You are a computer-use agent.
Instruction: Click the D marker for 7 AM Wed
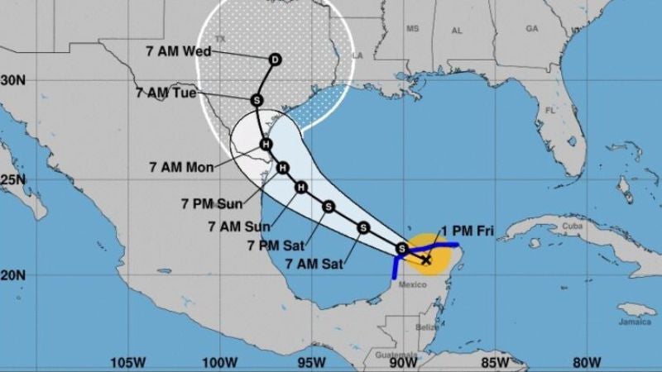[x=275, y=59]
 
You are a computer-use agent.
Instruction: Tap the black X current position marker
[x=425, y=260]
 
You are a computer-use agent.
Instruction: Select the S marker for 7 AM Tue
[x=257, y=100]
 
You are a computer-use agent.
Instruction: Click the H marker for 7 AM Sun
[x=302, y=188]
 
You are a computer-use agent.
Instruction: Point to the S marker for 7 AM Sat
[x=402, y=248]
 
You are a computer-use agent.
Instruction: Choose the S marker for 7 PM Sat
[x=362, y=227]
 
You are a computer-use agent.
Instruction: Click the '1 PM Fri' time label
[x=474, y=231]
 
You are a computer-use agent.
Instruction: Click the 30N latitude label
[x=12, y=80]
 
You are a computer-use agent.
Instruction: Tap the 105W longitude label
[x=128, y=361]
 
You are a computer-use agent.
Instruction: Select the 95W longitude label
[x=311, y=361]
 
